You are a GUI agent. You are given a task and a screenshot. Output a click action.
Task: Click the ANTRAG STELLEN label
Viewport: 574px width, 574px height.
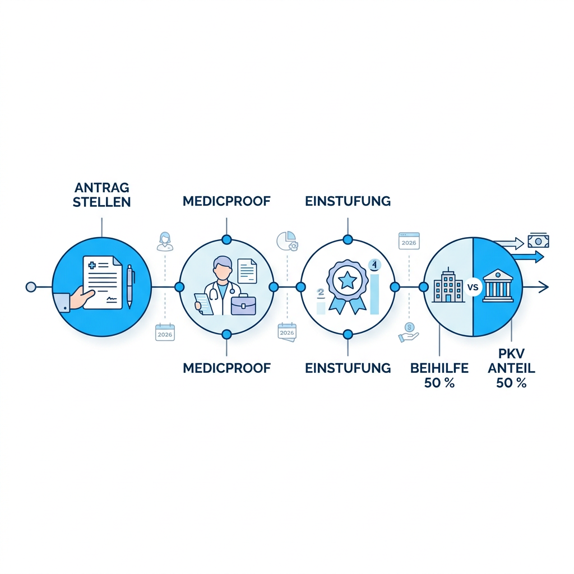(x=102, y=195)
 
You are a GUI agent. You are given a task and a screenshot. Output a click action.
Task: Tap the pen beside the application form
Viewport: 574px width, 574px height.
(x=129, y=286)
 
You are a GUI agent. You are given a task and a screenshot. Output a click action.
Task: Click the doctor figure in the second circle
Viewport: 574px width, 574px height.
(x=219, y=285)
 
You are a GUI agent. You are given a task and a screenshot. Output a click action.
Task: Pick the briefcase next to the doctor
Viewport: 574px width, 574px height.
(x=243, y=305)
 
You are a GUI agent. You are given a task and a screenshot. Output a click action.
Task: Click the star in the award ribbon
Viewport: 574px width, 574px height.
(x=346, y=281)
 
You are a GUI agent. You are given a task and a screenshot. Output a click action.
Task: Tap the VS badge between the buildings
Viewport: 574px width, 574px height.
(x=473, y=287)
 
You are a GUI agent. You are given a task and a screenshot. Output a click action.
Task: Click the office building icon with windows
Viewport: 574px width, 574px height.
(x=448, y=285)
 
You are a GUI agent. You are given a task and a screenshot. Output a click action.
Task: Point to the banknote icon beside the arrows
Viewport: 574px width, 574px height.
(x=538, y=241)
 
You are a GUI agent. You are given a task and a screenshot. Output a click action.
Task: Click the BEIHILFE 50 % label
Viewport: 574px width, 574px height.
(x=439, y=375)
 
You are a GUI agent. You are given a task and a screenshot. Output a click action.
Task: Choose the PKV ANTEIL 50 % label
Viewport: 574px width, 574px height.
(x=511, y=368)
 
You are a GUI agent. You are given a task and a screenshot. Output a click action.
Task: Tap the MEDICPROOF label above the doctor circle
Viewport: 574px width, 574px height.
(x=226, y=201)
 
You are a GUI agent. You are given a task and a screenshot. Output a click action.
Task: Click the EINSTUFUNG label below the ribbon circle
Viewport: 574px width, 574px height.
(x=348, y=368)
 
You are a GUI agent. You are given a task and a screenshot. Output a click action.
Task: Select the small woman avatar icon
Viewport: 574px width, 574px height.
(x=165, y=241)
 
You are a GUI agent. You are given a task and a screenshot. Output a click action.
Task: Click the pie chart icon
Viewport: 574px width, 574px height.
(x=287, y=240)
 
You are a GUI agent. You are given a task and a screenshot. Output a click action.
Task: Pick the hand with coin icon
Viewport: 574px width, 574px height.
(x=409, y=332)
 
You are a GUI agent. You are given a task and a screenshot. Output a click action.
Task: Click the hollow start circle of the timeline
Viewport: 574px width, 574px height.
(x=31, y=287)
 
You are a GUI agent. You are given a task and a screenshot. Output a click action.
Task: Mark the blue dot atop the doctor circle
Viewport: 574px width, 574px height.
(x=226, y=240)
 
